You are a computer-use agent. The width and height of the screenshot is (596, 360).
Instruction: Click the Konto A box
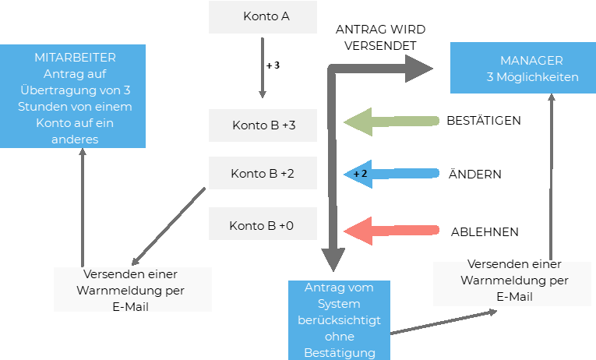coord(263,17)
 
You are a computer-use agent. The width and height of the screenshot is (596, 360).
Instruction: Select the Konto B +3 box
coord(263,125)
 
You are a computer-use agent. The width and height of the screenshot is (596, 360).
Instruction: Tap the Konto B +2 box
coord(263,174)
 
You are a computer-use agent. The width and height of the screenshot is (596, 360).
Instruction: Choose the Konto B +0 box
coord(263,225)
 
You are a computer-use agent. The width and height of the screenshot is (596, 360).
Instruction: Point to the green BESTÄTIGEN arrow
coord(390,121)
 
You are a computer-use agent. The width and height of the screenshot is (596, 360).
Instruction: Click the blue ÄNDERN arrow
coord(393,173)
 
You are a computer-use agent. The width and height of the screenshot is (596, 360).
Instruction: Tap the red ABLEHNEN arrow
coord(390,231)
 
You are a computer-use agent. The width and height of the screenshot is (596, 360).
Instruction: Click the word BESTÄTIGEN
coord(484,121)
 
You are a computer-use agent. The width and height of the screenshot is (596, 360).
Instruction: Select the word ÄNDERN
coord(474,175)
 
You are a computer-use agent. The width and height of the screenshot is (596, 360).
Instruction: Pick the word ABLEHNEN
coord(485,232)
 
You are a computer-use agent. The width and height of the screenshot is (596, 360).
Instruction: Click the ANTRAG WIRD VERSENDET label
coord(381,37)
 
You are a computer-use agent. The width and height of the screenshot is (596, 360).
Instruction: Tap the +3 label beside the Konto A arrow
coord(273,65)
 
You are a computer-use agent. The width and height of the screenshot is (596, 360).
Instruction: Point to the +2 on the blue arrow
coord(360,174)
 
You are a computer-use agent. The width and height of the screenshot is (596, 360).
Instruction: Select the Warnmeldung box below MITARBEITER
coord(132,290)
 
